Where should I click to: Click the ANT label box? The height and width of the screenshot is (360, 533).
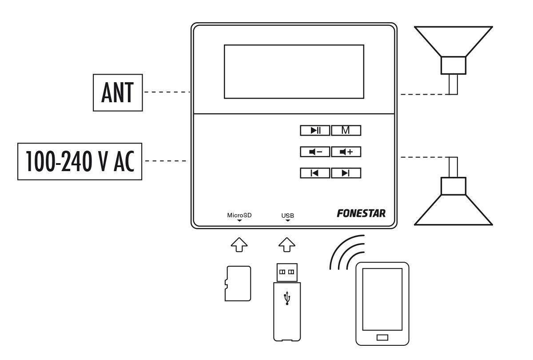coord(118,92)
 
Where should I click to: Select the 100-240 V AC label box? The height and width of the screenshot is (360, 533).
coord(80,161)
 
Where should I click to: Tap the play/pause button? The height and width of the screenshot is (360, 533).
coord(315,130)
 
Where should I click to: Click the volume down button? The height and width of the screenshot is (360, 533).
coord(315,152)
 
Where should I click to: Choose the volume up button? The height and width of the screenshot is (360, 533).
coord(346,152)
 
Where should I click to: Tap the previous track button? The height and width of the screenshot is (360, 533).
coord(315,173)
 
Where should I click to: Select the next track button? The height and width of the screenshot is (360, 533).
coord(346,173)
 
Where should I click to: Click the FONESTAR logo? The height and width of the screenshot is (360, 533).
coord(361,213)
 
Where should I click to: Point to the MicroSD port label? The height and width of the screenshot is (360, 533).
coord(239,216)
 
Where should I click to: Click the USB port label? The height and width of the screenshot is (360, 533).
coord(287,216)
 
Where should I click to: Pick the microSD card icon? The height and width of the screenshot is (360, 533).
coord(238,284)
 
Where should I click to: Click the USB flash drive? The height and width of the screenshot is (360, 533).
coord(287,302)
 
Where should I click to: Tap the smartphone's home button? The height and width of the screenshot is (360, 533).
coord(382,337)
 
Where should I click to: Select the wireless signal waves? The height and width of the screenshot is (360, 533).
coord(346,252)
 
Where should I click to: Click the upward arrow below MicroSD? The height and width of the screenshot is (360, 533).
coord(239,244)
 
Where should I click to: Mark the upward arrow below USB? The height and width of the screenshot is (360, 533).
coord(287,244)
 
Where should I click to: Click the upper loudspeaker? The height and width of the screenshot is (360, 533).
coord(453,53)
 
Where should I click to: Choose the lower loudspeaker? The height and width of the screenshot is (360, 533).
coord(453,200)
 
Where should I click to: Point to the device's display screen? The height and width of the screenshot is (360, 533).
coord(294,71)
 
